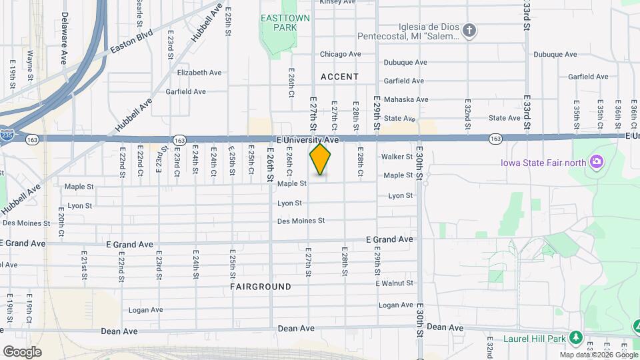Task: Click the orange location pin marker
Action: pyautogui.click(x=321, y=159)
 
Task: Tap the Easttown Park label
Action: pyautogui.click(x=286, y=23)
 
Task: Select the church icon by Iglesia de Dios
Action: pyautogui.click(x=469, y=31)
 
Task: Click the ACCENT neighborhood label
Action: pyautogui.click(x=339, y=77)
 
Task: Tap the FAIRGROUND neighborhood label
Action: pyautogui.click(x=261, y=287)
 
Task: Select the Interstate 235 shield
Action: pyautogui.click(x=6, y=135)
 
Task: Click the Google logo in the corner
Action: pyautogui.click(x=22, y=352)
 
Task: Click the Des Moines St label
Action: pyautogui.click(x=300, y=221)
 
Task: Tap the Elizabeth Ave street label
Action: pyautogui.click(x=199, y=73)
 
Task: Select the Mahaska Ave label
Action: pyautogui.click(x=406, y=99)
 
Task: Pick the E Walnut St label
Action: pyautogui.click(x=395, y=284)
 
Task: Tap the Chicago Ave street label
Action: pyautogui.click(x=340, y=54)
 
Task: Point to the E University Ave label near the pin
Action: pyautogui.click(x=308, y=140)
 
